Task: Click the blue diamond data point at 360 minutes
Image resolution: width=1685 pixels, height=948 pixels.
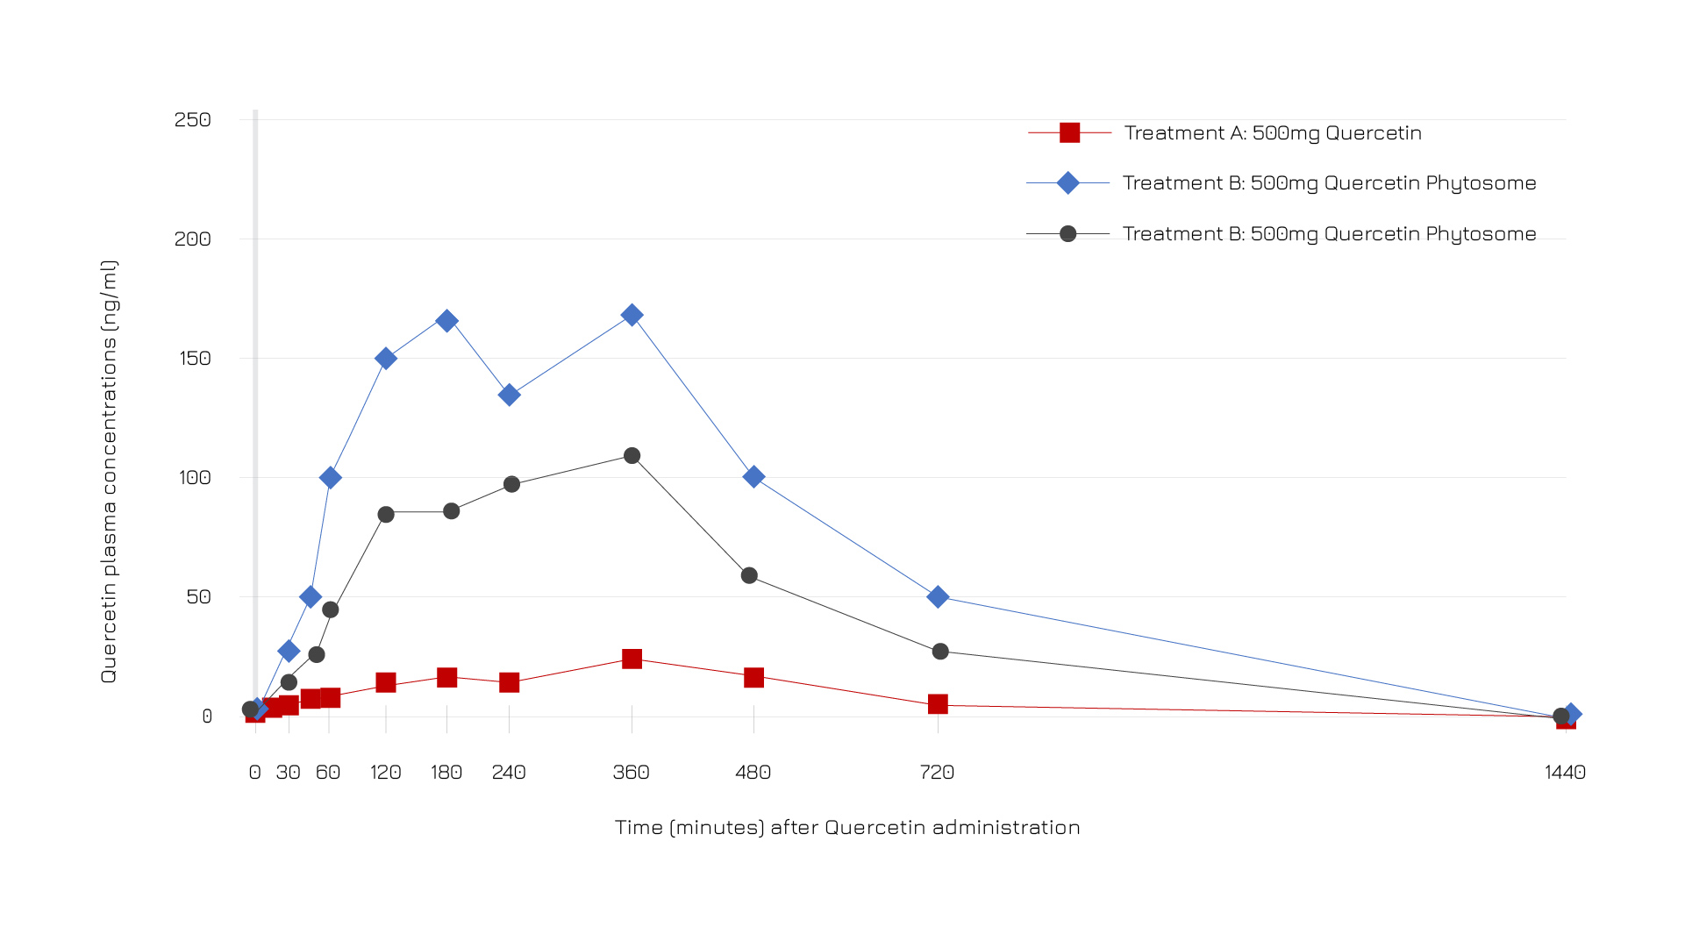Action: coord(632,315)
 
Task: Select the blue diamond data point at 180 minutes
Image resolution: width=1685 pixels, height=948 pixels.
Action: coord(446,321)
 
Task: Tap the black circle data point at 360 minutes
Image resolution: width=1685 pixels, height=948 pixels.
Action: coord(632,456)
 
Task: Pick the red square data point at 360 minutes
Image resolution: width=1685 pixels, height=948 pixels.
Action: coord(632,659)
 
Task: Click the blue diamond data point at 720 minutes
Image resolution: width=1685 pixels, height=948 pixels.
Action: coord(938,597)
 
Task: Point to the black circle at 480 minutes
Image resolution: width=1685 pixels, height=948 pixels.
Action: coord(749,576)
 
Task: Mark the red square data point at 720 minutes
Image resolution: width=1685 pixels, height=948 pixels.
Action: coord(938,704)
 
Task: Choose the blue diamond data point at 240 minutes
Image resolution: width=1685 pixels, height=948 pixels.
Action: coord(509,396)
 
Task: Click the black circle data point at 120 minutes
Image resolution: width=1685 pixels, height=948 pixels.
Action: coord(386,515)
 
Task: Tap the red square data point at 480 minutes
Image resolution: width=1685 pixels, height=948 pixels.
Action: coord(753,677)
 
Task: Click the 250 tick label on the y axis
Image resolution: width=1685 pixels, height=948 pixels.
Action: coord(193,120)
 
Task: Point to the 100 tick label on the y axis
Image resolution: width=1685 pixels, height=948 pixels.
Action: coord(195,478)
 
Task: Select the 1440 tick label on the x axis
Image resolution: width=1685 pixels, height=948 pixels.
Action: coord(1565,773)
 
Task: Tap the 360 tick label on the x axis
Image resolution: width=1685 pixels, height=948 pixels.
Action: coord(631,773)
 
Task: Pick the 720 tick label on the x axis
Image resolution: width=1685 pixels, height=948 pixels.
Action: coord(937,773)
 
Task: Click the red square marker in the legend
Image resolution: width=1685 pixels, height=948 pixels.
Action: coord(1069,133)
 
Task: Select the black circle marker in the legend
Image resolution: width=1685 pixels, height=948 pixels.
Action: coord(1067,234)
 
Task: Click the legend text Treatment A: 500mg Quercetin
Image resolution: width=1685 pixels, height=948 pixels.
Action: coord(1273,133)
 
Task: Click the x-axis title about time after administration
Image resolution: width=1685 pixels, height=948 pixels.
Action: coord(847,828)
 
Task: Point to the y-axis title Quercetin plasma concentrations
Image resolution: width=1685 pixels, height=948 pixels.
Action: coord(109,472)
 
